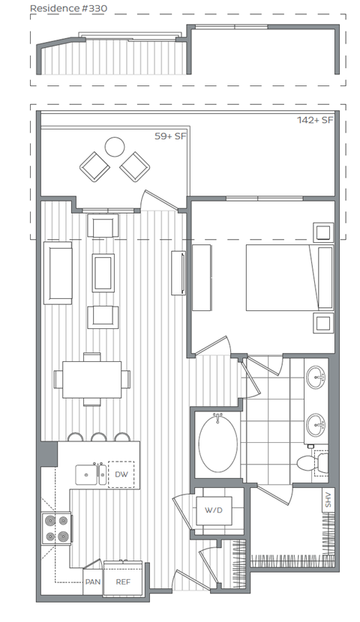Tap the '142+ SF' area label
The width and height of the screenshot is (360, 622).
click(316, 120)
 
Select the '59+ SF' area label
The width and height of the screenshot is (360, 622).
click(169, 137)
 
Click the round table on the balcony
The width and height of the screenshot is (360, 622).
click(115, 146)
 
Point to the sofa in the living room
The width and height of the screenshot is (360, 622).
click(58, 272)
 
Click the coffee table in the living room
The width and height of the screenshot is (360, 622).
click(103, 273)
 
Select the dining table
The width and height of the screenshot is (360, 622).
click(92, 380)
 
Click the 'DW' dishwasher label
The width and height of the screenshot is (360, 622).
click(121, 474)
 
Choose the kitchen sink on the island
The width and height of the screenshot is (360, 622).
click(93, 474)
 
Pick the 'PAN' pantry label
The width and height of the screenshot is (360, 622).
click(92, 581)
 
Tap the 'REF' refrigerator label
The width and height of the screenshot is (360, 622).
click(121, 581)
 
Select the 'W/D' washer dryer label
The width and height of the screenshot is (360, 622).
click(214, 510)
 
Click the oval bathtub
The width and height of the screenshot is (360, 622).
click(218, 443)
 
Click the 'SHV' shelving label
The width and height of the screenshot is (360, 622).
click(327, 501)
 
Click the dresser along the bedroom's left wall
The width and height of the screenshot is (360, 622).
click(202, 277)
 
